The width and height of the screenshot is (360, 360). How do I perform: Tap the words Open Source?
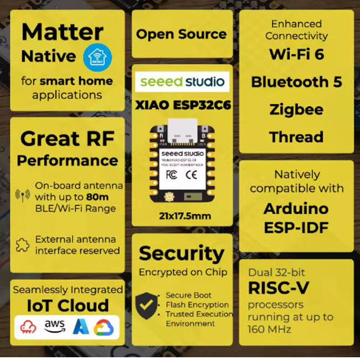point(181,34)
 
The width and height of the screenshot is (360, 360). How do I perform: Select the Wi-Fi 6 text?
point(296,54)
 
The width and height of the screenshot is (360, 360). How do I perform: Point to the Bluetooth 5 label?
point(296,82)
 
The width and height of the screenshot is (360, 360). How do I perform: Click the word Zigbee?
point(296,109)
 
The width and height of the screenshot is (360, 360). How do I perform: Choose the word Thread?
point(296,137)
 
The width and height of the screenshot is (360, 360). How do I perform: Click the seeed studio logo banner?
point(182,82)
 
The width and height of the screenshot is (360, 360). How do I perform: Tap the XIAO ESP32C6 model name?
point(182,104)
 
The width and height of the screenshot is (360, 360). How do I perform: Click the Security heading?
point(182,254)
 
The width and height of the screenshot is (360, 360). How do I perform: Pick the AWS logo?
point(55,326)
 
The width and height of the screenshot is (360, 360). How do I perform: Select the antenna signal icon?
point(23,196)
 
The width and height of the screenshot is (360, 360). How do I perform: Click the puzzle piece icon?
point(23,245)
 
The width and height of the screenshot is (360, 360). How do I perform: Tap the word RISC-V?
point(279,288)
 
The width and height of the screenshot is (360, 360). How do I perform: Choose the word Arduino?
point(296,209)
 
